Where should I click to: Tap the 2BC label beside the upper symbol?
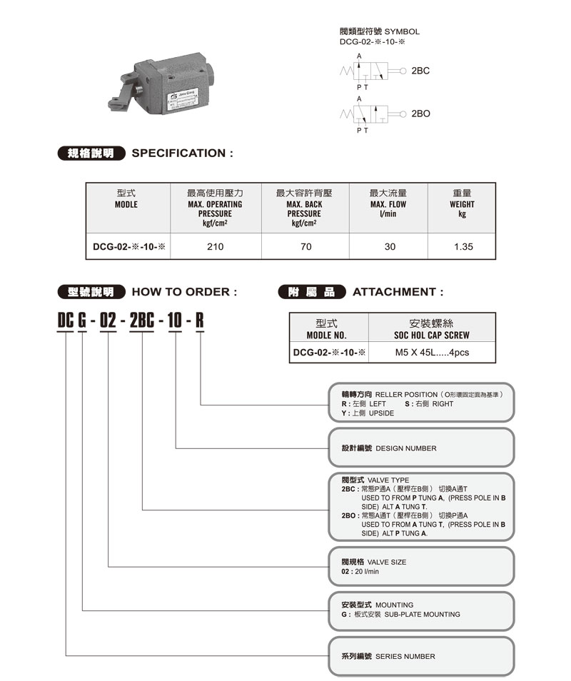(421, 71)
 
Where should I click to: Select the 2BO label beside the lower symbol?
(421, 114)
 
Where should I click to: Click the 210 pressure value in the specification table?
(215, 247)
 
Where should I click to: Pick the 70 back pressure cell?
(305, 247)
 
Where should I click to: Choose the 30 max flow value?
(390, 247)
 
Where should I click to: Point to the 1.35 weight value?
(463, 247)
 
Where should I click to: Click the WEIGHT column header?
(463, 204)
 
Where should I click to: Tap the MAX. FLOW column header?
(388, 204)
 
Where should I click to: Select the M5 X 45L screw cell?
(433, 353)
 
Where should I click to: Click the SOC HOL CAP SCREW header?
(432, 336)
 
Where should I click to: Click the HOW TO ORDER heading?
(184, 292)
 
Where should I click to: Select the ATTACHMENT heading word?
(398, 292)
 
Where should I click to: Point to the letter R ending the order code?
(200, 322)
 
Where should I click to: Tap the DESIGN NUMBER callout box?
(421, 448)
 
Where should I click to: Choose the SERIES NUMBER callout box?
(421, 656)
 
